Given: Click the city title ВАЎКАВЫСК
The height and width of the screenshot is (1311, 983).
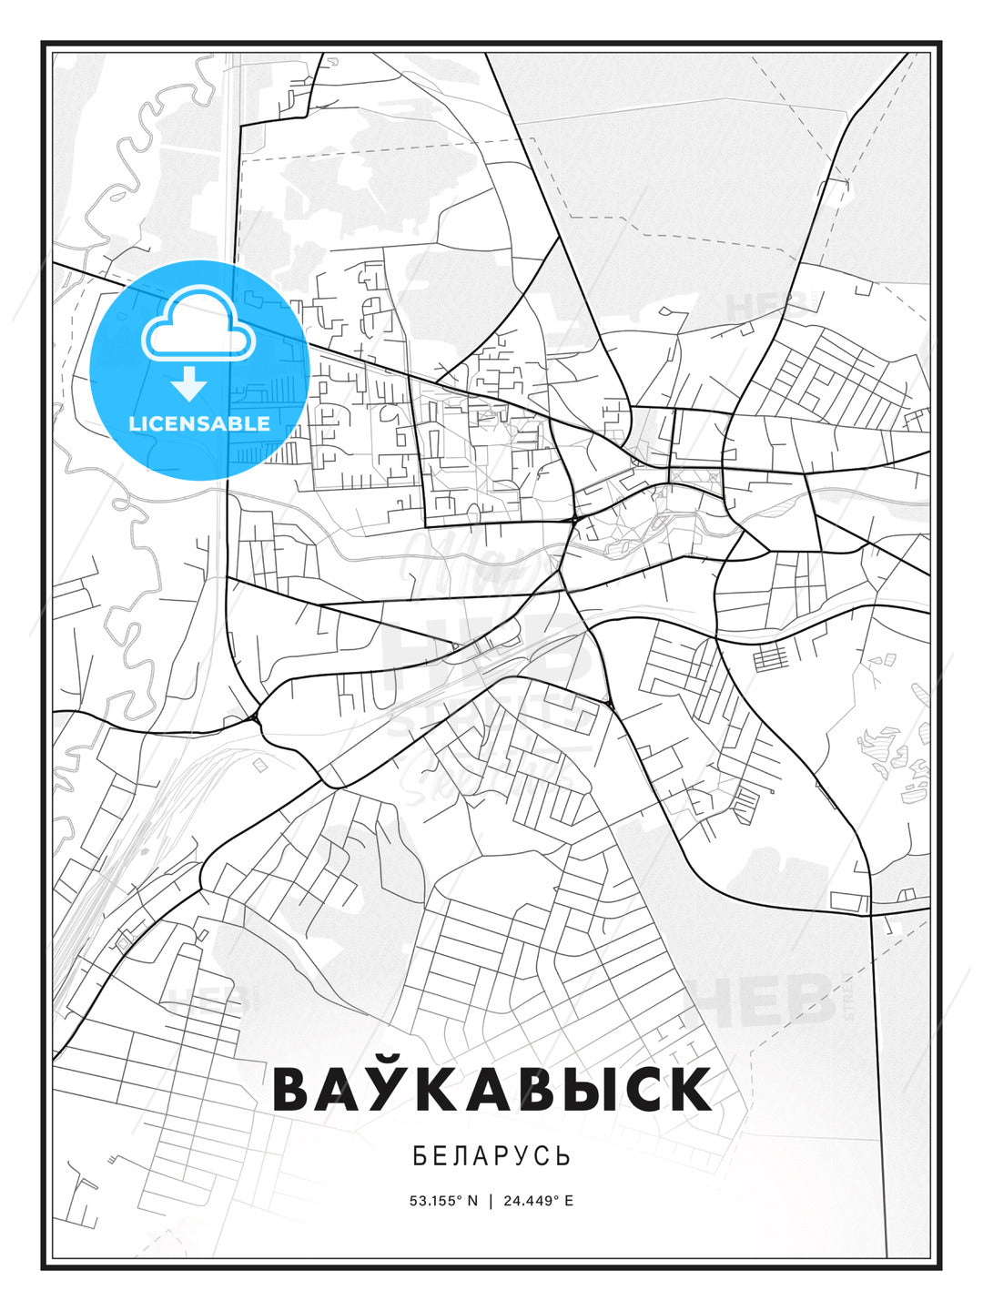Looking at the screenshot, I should point(491,1089).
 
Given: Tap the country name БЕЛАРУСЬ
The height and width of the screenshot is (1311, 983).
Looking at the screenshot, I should point(491,1156).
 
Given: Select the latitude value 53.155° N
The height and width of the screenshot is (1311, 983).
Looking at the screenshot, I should point(443,1201).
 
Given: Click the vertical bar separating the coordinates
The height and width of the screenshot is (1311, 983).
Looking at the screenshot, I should point(491,1201).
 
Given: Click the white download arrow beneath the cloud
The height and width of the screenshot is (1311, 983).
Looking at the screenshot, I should point(189,384).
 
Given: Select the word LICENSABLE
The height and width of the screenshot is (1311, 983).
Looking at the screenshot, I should point(199,423).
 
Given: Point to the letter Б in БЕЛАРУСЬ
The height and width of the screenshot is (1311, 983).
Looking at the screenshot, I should point(420,1156).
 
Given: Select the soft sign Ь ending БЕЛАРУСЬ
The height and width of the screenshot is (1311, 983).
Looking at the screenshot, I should point(564,1156).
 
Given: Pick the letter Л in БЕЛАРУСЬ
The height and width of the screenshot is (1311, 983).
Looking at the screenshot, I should point(461,1156).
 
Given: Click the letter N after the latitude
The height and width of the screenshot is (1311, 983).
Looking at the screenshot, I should point(472,1201).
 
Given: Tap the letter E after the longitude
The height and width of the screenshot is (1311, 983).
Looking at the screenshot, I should point(569,1201).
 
